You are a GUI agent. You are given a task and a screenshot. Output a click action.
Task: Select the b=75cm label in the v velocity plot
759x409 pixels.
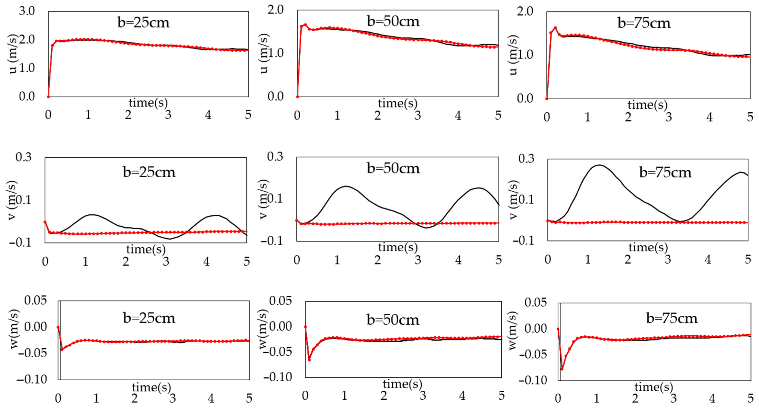665,172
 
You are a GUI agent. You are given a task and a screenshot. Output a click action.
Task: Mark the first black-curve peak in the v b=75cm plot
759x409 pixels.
599,165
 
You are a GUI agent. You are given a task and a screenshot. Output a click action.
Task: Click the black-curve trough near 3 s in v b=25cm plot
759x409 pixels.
170,239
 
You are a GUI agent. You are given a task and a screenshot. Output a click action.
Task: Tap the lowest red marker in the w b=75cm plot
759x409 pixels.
562,369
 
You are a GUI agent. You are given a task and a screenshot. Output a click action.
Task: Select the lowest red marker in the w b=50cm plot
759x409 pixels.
309,360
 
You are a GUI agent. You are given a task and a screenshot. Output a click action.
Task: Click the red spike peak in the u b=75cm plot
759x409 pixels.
555,28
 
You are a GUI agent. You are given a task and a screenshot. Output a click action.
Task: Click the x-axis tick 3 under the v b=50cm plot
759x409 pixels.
418,260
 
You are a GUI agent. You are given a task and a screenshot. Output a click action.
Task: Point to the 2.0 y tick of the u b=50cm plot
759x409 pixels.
276,10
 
